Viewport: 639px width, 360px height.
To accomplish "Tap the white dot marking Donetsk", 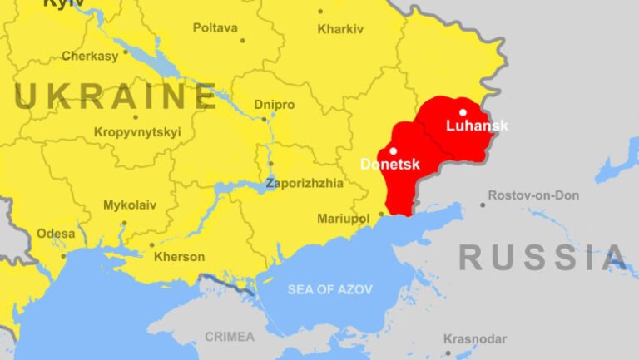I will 393,150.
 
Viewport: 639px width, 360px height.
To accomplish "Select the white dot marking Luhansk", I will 463,112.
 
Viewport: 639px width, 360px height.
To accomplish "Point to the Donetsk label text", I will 389,165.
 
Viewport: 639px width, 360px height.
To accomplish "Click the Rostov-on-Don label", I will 533,195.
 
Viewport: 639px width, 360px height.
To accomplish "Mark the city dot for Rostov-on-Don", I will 483,205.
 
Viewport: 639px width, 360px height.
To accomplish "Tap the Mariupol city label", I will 343,219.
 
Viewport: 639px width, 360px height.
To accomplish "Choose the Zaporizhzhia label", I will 304,184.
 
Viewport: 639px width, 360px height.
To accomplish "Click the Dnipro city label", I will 275,105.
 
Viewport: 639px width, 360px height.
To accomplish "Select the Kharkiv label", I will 340,29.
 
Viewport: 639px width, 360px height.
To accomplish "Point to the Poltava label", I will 215,27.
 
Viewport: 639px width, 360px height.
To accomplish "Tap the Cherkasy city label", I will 90,57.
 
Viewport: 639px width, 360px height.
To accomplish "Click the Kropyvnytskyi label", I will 137,131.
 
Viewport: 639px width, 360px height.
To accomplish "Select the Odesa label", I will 56,234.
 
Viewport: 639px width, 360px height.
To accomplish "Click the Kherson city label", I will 179,257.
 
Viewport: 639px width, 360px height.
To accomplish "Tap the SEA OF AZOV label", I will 330,289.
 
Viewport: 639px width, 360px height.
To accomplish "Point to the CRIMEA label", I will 230,337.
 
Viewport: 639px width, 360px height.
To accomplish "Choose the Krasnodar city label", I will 475,339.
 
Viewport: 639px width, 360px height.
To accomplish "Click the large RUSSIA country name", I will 542,258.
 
